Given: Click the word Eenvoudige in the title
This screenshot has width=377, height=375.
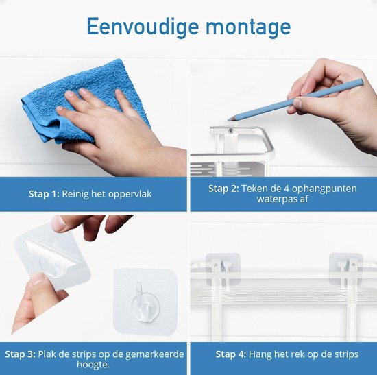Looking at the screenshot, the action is click(143, 27).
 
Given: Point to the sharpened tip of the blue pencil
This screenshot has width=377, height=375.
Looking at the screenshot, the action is click(229, 119).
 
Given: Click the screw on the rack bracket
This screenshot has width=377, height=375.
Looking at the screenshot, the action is click(231, 131).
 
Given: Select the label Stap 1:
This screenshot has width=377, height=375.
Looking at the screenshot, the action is click(44, 194).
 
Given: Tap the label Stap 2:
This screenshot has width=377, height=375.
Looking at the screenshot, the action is click(223, 189).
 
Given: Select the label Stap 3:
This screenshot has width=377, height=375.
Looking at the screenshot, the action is click(20, 354).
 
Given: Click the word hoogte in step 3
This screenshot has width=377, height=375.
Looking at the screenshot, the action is click(93, 365).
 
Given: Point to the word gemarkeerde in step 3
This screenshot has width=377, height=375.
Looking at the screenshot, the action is click(155, 354).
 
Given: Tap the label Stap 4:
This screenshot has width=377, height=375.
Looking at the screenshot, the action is click(231, 354).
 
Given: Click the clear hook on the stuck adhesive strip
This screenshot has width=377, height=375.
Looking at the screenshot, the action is click(145, 302).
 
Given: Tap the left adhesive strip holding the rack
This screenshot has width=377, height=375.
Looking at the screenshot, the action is click(223, 269).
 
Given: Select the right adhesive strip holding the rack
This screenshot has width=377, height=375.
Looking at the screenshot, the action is click(345, 269).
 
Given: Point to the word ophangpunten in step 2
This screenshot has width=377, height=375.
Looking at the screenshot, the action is click(324, 189).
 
